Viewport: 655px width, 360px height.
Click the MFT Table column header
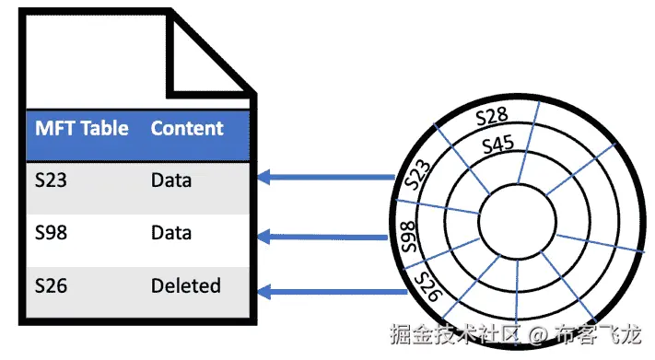81,129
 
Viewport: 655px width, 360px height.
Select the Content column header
187,129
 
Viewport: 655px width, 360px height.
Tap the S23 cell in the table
52,180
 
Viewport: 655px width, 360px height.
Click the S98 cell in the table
52,233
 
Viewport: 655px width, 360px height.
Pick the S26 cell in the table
52,285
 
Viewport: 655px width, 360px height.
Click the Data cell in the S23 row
171,180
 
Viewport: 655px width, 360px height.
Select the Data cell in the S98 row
171,233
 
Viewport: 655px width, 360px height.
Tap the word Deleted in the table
186,285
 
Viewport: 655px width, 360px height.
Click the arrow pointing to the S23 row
327,176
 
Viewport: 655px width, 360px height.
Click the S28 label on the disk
492,116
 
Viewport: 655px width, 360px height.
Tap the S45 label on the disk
497,144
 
